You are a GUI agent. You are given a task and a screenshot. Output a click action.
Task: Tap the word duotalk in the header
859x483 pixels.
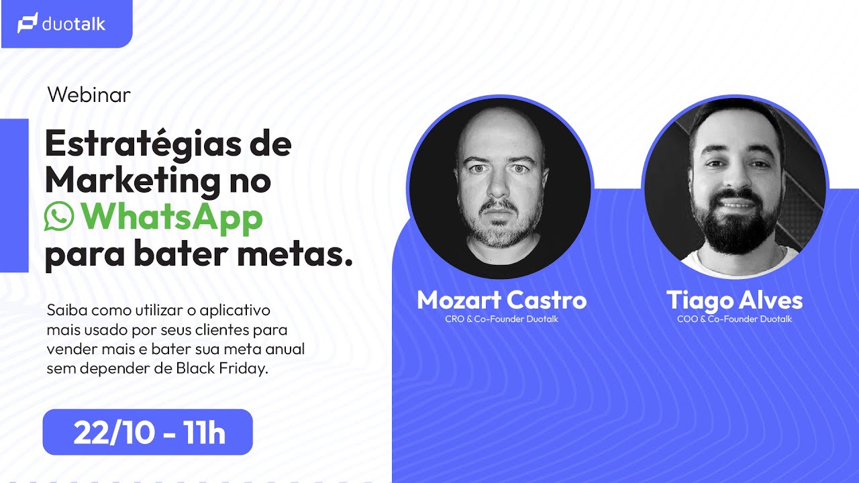(x=74, y=24)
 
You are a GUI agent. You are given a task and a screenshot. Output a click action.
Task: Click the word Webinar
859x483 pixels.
(x=89, y=95)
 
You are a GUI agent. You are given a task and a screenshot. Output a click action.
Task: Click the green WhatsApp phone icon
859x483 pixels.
(x=59, y=217)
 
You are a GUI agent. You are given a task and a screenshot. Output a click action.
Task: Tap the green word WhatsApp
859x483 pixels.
(x=170, y=217)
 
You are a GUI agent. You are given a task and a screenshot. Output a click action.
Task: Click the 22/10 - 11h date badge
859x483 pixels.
(x=148, y=433)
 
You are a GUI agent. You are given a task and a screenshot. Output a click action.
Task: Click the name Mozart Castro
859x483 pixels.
(x=501, y=300)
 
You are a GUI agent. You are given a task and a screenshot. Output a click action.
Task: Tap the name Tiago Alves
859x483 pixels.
(x=734, y=300)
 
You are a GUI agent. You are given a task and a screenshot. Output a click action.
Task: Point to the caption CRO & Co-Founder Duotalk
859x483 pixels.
(x=501, y=319)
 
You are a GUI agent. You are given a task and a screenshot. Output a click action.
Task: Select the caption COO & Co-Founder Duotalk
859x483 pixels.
(x=734, y=319)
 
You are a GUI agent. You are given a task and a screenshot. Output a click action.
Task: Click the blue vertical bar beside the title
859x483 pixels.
(x=14, y=195)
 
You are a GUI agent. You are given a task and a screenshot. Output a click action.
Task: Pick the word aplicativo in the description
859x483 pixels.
(x=235, y=311)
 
